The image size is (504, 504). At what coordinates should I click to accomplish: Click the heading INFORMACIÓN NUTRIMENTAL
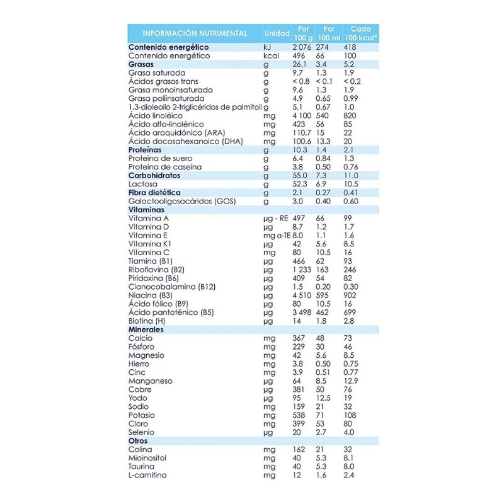coord(195,33)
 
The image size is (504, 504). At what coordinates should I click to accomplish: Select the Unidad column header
coord(277,33)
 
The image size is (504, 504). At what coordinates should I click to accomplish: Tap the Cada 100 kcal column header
coord(360,33)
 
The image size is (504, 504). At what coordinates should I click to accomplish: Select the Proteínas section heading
coord(146,150)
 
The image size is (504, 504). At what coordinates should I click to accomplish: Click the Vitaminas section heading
coord(146,210)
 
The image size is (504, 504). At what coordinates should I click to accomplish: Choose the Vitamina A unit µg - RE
coord(275,218)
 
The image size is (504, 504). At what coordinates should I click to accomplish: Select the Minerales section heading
coord(146,329)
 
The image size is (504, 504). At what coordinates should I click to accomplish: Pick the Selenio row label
coord(141,432)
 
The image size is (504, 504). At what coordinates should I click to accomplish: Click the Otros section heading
coord(138,441)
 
